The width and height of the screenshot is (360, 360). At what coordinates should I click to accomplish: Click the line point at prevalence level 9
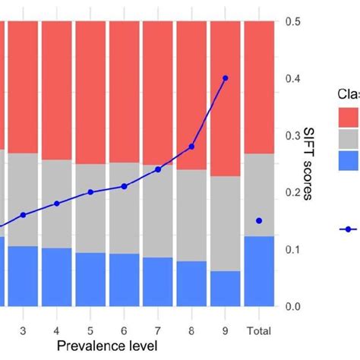click(x=226, y=78)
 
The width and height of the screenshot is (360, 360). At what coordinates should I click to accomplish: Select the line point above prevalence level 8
click(x=191, y=147)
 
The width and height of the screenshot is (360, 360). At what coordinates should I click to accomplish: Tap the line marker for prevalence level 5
click(x=90, y=192)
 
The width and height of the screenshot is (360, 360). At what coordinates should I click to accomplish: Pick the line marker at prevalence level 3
click(x=23, y=215)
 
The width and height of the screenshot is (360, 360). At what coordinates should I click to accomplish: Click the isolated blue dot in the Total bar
click(x=259, y=220)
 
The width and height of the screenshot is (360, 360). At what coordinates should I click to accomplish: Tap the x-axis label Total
click(x=259, y=331)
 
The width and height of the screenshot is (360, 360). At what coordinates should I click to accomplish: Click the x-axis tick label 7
click(x=158, y=331)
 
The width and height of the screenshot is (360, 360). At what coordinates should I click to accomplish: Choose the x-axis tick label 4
click(x=57, y=331)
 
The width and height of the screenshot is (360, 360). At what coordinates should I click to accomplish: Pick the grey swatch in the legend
click(x=349, y=138)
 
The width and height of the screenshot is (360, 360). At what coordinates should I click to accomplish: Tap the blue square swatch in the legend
click(x=349, y=160)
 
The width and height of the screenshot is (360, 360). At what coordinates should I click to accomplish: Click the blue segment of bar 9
click(x=226, y=289)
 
